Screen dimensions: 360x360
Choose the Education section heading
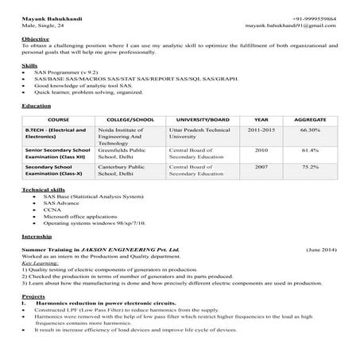click(37, 105)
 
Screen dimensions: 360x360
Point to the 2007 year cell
click(261, 168)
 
